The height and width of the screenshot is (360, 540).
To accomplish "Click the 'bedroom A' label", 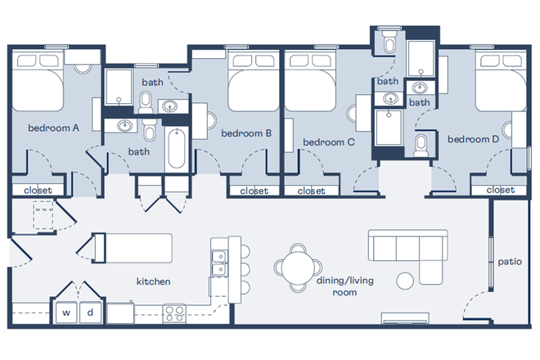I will pyautogui.click(x=53, y=128).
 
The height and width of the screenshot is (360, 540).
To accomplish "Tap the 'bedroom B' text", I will pyautogui.click(x=245, y=133).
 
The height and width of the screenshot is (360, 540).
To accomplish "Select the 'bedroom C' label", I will pyautogui.click(x=328, y=142).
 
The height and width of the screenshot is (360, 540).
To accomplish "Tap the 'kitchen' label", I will pyautogui.click(x=153, y=281).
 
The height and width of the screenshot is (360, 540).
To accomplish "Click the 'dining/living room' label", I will pyautogui.click(x=344, y=285).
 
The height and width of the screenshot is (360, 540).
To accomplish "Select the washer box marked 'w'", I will pyautogui.click(x=65, y=313).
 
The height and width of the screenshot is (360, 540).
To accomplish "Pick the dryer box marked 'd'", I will pyautogui.click(x=90, y=313).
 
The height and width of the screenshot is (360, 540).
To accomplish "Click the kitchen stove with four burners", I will pyautogui.click(x=175, y=312).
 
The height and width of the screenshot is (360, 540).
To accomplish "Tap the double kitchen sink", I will pyautogui.click(x=218, y=264).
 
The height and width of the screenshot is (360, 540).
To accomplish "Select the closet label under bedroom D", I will pyautogui.click(x=500, y=191).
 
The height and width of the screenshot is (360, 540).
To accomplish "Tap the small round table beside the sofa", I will pyautogui.click(x=405, y=281).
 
